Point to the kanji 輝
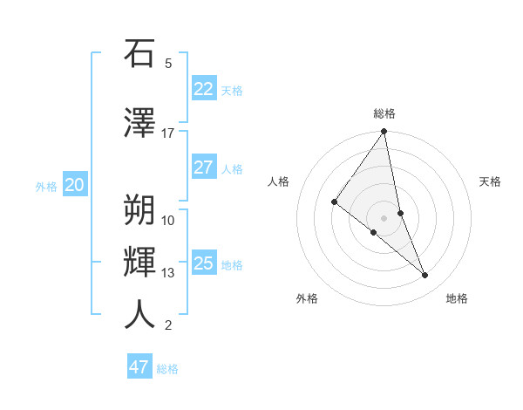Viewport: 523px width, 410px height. (x=139, y=262)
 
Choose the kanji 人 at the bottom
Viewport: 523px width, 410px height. (x=139, y=315)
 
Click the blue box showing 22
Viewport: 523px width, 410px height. (x=203, y=88)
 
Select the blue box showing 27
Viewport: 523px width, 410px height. (x=203, y=167)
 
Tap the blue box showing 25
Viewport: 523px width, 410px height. (x=203, y=263)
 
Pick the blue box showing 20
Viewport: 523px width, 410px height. (x=75, y=185)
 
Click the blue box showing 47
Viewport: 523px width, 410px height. (x=139, y=367)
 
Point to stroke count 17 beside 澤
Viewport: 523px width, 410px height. (x=168, y=133)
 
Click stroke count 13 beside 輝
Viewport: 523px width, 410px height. (x=168, y=273)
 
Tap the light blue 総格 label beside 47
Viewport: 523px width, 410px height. (x=167, y=369)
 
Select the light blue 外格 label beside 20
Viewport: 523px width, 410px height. (x=46, y=186)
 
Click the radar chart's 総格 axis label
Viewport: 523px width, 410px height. (x=384, y=113)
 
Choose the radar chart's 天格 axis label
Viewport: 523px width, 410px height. (x=490, y=181)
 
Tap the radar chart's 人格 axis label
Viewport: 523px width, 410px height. (x=278, y=181)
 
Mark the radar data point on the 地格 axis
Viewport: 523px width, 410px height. (x=425, y=276)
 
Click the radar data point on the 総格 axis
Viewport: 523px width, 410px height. (x=384, y=132)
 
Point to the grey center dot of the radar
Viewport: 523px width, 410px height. (x=384, y=217)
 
